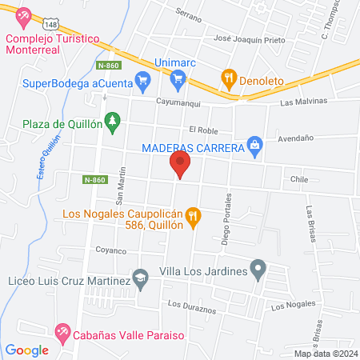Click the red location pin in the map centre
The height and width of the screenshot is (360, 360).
pos(180,166)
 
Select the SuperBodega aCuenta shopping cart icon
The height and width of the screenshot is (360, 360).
pos(143,78)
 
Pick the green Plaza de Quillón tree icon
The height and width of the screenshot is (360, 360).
pos(114,121)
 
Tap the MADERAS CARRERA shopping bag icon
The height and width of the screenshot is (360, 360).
pos(254,144)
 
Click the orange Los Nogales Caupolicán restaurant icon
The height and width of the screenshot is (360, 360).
pos(192,215)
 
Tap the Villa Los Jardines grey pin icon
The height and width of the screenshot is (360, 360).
pos(258,270)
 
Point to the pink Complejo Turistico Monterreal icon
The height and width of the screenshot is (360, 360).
pos(23,15)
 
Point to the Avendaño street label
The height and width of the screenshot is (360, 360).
pos(294,138)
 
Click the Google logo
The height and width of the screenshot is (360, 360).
pos(26,350)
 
